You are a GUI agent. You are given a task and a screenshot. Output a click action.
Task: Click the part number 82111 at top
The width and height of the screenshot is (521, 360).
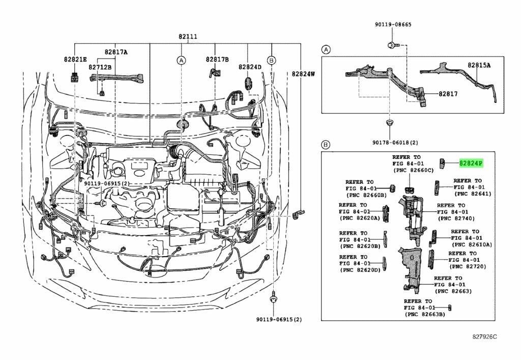188,36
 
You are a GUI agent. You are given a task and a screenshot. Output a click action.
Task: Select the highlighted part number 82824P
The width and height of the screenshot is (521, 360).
471,163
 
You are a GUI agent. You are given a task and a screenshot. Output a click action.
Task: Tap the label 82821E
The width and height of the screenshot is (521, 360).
75,59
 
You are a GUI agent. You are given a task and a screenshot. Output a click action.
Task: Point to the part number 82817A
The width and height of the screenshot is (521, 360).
116,52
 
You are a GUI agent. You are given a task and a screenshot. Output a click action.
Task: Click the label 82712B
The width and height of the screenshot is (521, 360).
100,67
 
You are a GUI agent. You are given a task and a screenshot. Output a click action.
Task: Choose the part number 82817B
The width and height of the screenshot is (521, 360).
217,59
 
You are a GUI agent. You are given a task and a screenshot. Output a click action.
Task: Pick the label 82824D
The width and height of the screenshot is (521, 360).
250,67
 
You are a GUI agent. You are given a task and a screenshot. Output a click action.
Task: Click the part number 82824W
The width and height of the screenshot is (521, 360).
303,73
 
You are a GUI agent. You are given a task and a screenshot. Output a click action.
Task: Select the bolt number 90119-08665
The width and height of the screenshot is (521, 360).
393,24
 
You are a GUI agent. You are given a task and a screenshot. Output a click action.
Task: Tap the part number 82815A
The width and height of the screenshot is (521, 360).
479,65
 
